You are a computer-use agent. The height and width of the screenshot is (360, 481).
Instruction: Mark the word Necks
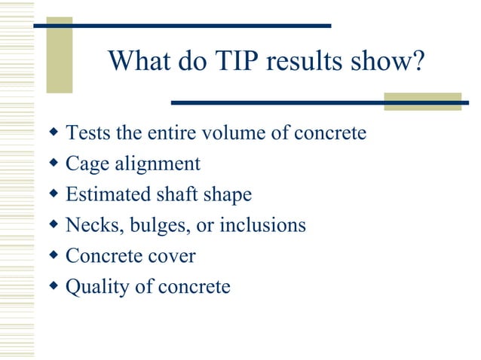click(x=88, y=225)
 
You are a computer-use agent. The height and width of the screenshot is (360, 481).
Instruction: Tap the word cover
click(x=170, y=256)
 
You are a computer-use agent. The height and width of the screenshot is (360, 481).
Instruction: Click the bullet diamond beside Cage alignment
click(x=53, y=163)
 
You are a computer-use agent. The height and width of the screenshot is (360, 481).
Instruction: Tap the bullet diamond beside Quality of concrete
click(x=53, y=286)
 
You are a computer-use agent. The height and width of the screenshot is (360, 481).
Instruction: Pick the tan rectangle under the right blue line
click(x=421, y=102)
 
